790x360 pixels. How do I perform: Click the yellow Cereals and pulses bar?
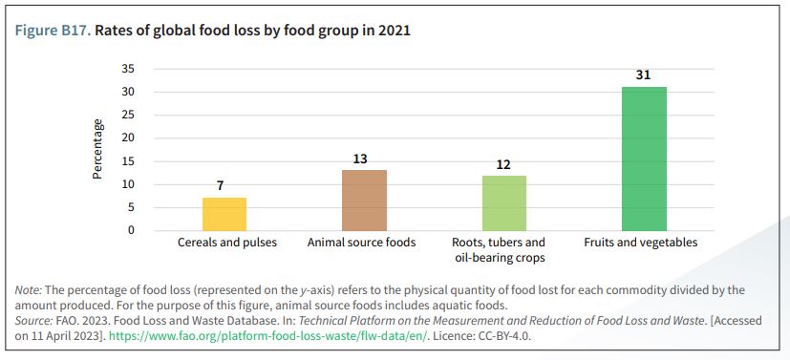coord(224,214)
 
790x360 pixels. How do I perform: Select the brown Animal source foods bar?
coord(364,201)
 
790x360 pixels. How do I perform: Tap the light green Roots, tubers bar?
coord(504,202)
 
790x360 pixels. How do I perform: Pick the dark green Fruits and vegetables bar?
coord(644,159)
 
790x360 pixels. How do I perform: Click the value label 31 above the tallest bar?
coord(644,75)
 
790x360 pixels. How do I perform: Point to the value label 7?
coord(220,186)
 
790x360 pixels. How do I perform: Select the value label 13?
coord(360,159)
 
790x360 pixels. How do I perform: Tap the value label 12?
coord(503,164)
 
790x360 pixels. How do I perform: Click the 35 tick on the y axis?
coord(128,69)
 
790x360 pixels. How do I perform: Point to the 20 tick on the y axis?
coord(128,138)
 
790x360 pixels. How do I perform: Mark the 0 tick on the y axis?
coord(132,230)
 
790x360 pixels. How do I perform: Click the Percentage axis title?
coord(97,149)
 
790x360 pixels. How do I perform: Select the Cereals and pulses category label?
coord(227,243)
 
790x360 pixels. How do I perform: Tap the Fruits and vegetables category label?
coord(641,243)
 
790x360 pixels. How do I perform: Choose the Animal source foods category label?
coord(362,243)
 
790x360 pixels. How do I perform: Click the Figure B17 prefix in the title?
coord(53,31)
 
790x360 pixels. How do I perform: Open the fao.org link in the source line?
coord(268,336)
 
